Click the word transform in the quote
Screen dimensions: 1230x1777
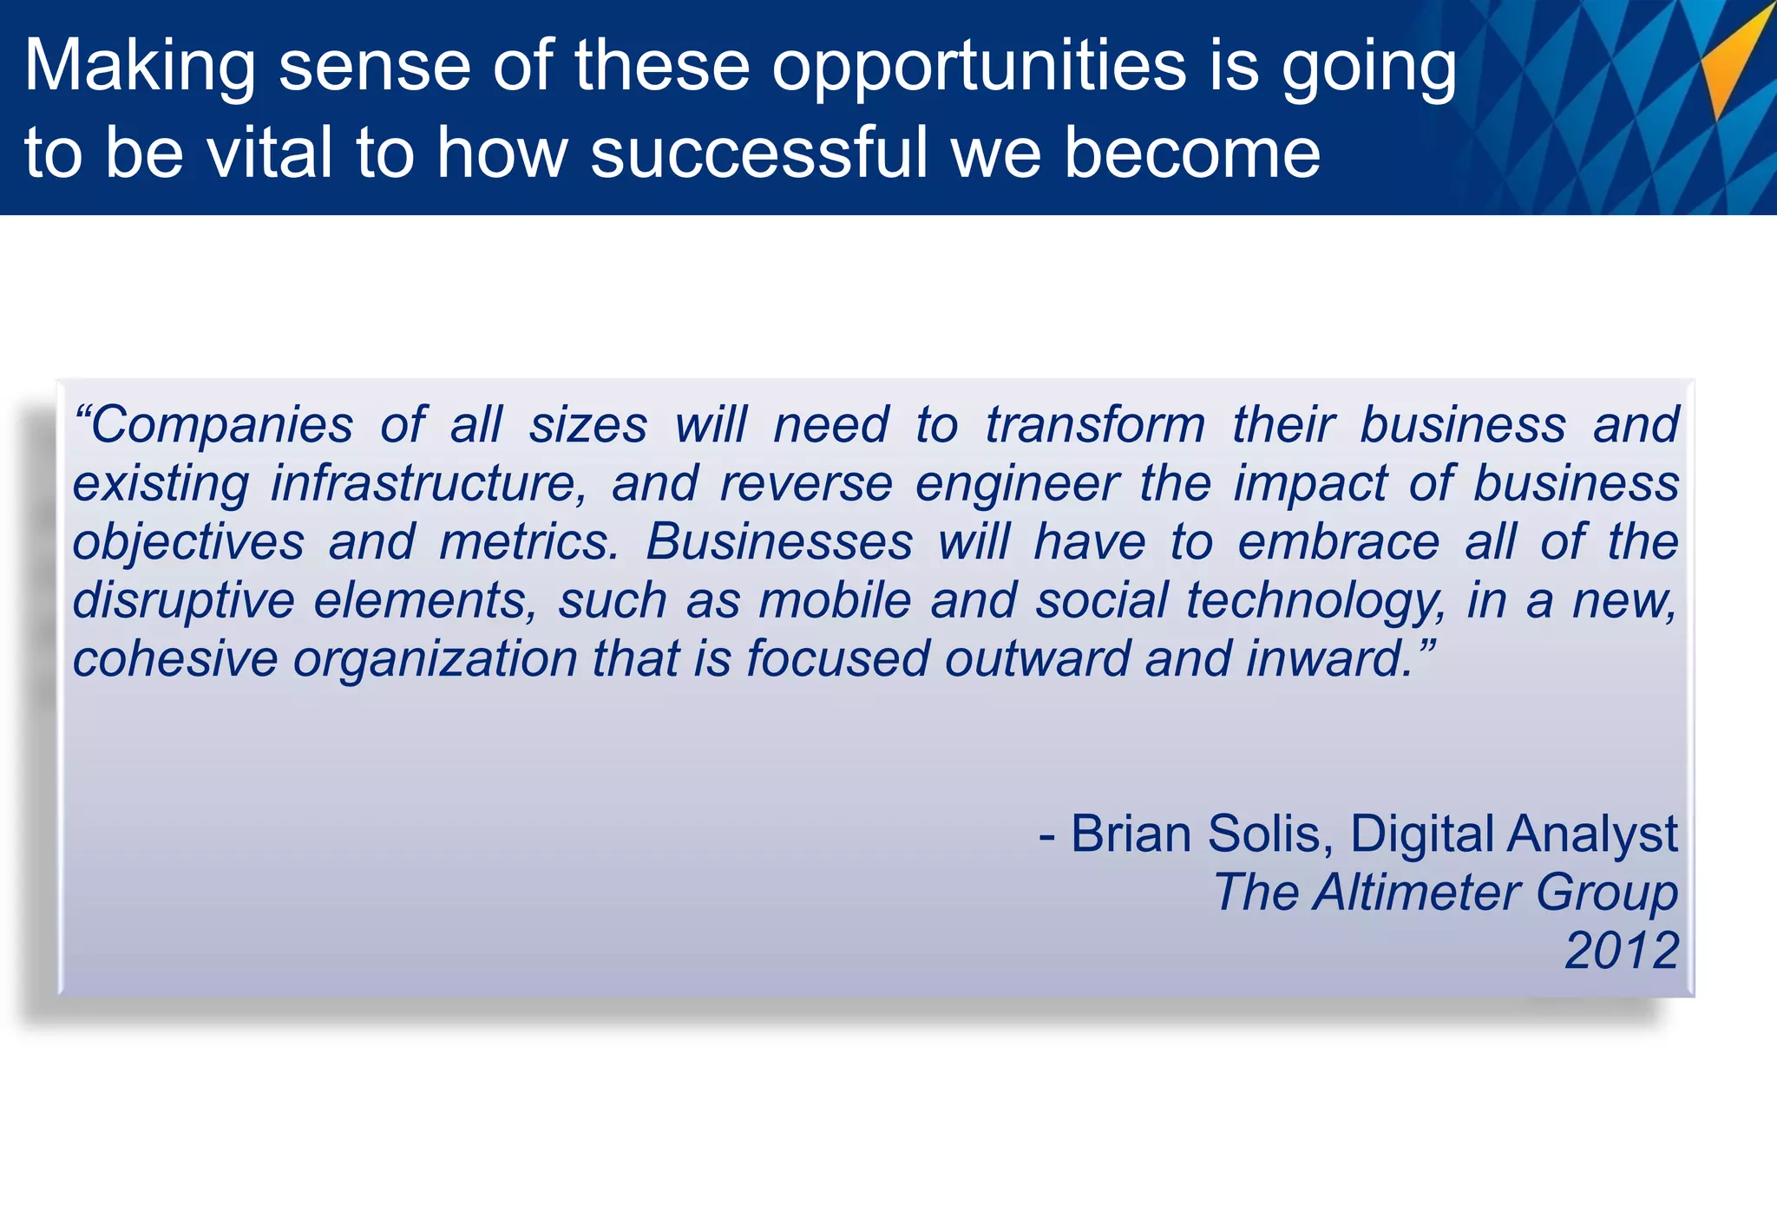pyautogui.click(x=1096, y=425)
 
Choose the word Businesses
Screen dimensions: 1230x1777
pyautogui.click(x=779, y=542)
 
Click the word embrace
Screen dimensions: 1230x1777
pyautogui.click(x=1338, y=542)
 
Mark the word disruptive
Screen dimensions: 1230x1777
pyautogui.click(x=183, y=600)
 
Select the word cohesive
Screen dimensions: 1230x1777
pyautogui.click(x=174, y=658)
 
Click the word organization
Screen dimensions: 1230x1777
pyautogui.click(x=435, y=658)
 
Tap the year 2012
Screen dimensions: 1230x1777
pyautogui.click(x=1622, y=951)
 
